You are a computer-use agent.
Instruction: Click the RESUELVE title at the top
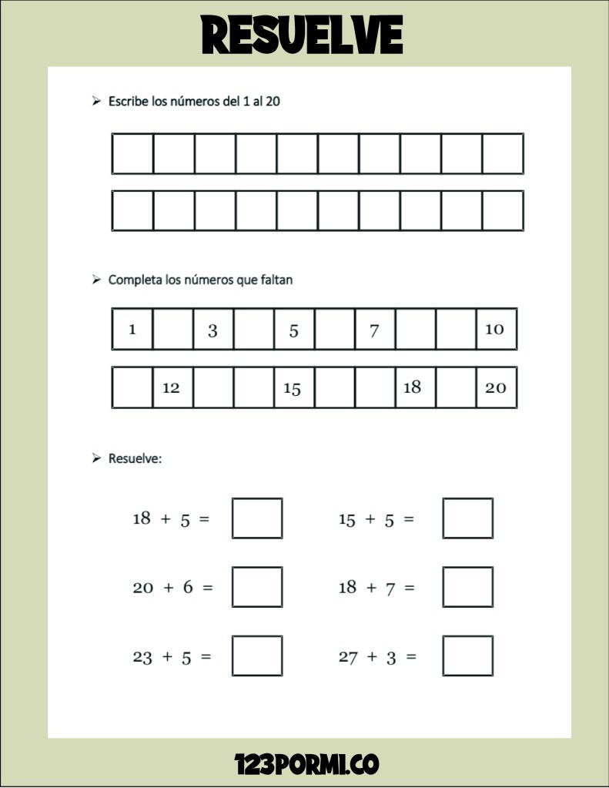coord(303,35)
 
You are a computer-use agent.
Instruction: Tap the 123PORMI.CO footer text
coord(306,764)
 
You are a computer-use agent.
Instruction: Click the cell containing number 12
coord(172,387)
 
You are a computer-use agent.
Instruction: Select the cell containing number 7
coord(374,330)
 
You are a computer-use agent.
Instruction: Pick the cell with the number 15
coord(293,387)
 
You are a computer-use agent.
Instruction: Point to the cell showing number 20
coord(496,387)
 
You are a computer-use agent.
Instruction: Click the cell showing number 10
coord(494,330)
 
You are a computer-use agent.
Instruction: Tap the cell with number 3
coord(212,330)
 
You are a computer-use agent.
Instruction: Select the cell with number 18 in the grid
coord(413,387)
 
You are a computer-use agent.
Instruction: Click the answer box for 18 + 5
coord(257,518)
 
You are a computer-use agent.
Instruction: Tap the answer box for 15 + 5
coord(467,518)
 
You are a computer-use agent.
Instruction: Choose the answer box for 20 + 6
coord(257,587)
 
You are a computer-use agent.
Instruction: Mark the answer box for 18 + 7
coord(467,587)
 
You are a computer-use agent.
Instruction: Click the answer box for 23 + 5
coord(257,656)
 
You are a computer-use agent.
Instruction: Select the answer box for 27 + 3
coord(467,656)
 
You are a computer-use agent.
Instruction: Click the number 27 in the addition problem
coord(348,657)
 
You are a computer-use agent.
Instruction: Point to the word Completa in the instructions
coord(135,280)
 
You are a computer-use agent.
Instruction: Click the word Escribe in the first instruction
coord(129,101)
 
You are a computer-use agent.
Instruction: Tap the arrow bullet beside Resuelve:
coord(96,458)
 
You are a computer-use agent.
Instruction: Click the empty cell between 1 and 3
coord(172,330)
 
